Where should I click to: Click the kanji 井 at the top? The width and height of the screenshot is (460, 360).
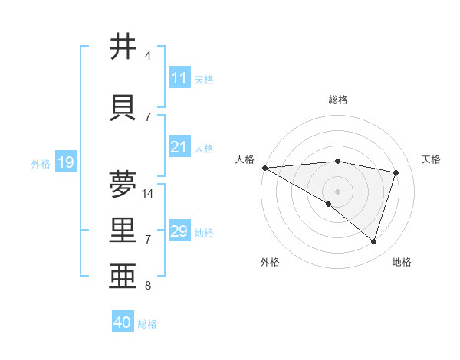(x=123, y=47)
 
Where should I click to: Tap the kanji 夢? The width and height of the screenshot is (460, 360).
(x=123, y=184)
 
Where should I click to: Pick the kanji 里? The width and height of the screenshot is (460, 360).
(x=123, y=231)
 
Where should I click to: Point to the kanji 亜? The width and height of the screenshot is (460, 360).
(x=123, y=277)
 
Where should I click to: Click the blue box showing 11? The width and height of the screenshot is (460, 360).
(x=179, y=78)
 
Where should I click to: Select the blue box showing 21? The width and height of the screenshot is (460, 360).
(x=179, y=147)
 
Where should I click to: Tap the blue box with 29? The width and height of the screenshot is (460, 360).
(x=179, y=231)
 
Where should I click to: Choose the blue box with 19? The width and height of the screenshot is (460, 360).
(x=65, y=162)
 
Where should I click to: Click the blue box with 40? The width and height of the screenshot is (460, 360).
(x=122, y=322)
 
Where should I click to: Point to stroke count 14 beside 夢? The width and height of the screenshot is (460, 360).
(x=149, y=194)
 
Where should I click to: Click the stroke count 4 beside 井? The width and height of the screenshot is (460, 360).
(x=148, y=56)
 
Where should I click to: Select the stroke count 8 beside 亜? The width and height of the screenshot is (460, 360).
(x=148, y=286)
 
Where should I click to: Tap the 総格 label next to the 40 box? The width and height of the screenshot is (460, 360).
(x=147, y=324)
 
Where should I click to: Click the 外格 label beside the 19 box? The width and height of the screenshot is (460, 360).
(x=40, y=163)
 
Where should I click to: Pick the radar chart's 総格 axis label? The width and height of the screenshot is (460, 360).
(x=337, y=100)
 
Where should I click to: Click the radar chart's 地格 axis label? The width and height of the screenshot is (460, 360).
(x=402, y=262)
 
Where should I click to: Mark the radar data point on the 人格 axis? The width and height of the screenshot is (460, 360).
(x=264, y=168)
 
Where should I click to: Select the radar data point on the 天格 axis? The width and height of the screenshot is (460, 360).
(x=396, y=172)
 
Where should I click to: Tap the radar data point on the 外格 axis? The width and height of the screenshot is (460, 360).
(x=329, y=204)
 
